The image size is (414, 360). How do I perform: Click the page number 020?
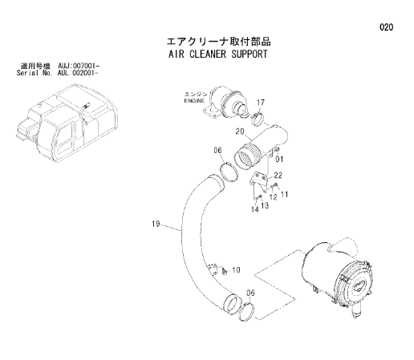click(386, 27)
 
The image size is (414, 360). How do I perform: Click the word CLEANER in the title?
click(208, 54)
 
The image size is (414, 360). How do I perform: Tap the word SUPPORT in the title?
click(250, 54)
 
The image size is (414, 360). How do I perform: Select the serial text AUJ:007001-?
click(79, 66)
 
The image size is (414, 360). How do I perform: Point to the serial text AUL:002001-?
click(78, 73)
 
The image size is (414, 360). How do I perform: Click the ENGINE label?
click(194, 101)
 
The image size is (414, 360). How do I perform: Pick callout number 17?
click(261, 103)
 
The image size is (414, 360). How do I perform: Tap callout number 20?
click(240, 131)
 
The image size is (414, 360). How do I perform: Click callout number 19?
click(156, 224)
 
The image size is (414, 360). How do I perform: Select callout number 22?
click(278, 175)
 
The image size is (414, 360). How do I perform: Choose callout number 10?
click(236, 270)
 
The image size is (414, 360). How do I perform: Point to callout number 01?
click(279, 160)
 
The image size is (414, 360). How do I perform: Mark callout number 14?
click(255, 209)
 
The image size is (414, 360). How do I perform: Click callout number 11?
click(284, 194)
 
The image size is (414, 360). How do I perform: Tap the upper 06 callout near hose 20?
click(217, 151)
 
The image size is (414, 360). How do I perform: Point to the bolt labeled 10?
click(224, 271)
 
